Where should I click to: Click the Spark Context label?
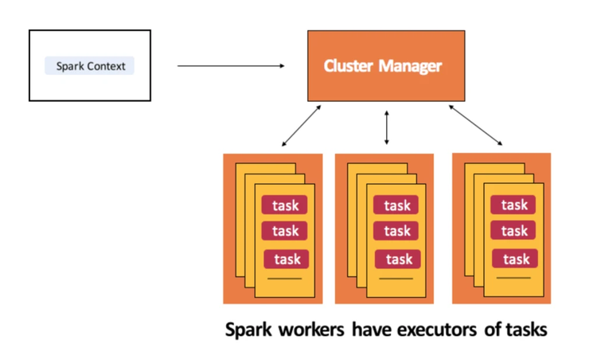[x=90, y=66]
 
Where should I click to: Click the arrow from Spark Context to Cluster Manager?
[x=230, y=66]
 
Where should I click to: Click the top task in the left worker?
[x=285, y=205]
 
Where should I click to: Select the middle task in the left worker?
[x=285, y=231]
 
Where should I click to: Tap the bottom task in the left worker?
[x=287, y=259]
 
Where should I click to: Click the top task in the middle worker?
[x=397, y=205]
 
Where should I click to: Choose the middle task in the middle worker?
[x=397, y=231]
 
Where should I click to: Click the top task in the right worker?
[x=514, y=205]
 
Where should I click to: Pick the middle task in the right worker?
[x=514, y=231]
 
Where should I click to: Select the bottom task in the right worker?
[x=516, y=259]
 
